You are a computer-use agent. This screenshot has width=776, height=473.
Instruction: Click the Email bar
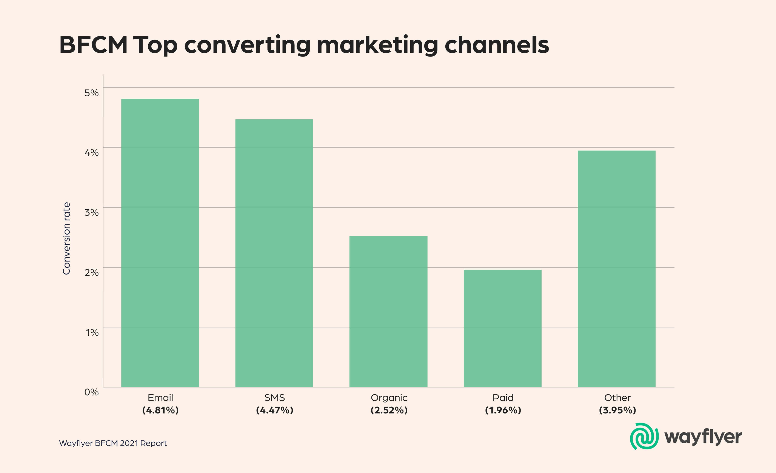pyautogui.click(x=160, y=243)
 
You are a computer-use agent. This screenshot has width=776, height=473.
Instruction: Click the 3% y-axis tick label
pyautogui.click(x=91, y=213)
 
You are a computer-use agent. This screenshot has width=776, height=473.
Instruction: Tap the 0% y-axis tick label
pyautogui.click(x=91, y=392)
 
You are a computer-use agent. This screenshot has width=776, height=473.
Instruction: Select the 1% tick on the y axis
pyautogui.click(x=92, y=333)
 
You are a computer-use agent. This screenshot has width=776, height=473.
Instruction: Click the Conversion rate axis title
pyautogui.click(x=66, y=238)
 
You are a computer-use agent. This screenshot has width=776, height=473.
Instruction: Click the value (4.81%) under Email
pyautogui.click(x=160, y=410)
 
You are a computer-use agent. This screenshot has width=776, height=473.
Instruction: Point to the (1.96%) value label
pyautogui.click(x=503, y=410)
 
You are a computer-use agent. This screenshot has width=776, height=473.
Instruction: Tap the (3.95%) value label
pyautogui.click(x=617, y=410)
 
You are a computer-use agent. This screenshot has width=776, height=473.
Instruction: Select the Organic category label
pyautogui.click(x=389, y=398)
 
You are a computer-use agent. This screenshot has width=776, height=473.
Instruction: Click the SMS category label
pyautogui.click(x=274, y=398)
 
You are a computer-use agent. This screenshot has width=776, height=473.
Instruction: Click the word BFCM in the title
pyautogui.click(x=93, y=45)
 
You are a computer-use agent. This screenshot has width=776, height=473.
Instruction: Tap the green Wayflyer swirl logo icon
pyautogui.click(x=644, y=436)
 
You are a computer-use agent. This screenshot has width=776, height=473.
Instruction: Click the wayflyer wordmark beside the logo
pyautogui.click(x=703, y=437)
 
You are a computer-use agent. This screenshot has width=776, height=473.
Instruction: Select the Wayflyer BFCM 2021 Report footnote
pyautogui.click(x=113, y=443)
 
